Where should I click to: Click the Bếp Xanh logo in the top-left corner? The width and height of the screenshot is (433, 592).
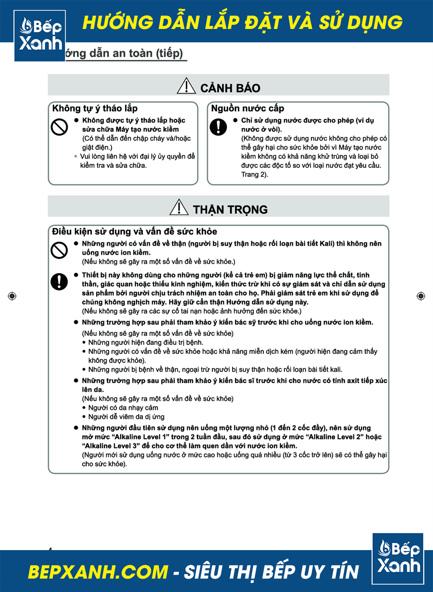click(40, 35)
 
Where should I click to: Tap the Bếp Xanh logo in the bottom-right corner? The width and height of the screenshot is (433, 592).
click(398, 558)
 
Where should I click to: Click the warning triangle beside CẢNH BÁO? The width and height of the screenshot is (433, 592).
click(186, 86)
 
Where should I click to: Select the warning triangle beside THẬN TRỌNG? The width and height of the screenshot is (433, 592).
click(179, 208)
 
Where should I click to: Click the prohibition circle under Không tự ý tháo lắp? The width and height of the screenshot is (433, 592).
click(59, 127)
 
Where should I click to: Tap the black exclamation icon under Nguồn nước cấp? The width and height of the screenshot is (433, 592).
click(218, 127)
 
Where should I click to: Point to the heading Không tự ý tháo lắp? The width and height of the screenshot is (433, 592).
click(95, 109)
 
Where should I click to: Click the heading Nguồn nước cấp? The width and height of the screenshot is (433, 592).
click(247, 109)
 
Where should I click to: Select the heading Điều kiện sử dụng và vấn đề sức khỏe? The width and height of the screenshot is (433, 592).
click(134, 231)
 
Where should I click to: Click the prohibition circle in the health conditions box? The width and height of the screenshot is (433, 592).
click(59, 250)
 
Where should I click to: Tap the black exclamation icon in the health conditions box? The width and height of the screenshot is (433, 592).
click(59, 282)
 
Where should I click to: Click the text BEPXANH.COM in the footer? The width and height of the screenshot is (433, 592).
click(98, 572)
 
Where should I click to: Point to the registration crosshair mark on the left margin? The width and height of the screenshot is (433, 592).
click(12, 296)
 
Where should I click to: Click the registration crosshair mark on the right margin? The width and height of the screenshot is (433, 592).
click(420, 296)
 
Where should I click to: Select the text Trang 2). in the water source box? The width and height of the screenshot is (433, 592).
click(255, 175)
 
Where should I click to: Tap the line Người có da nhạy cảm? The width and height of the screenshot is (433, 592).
click(123, 408)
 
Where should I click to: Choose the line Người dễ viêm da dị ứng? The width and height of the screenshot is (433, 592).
click(126, 417)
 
